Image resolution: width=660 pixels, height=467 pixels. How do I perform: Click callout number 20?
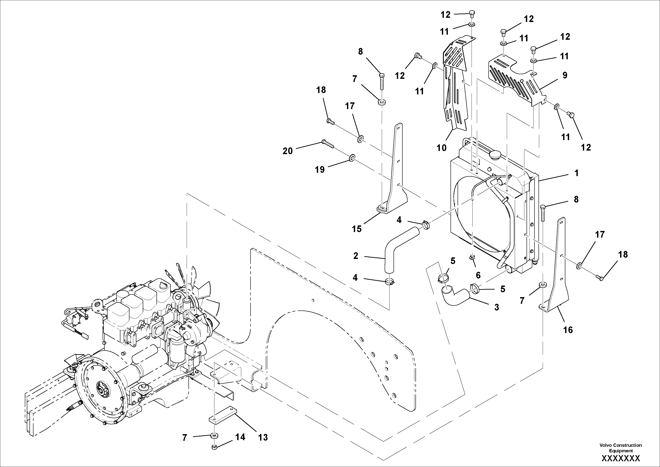click(288, 151)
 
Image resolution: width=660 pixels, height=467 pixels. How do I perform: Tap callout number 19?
click(320, 170)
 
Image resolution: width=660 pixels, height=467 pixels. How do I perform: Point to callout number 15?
click(357, 229)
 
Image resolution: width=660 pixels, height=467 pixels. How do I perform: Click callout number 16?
click(568, 330)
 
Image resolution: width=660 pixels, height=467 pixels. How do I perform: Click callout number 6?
click(478, 275)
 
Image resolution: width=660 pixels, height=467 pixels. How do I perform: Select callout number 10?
click(442, 148)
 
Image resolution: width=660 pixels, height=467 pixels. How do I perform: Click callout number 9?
click(565, 76)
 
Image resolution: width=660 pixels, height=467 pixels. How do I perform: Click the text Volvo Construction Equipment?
click(620, 448)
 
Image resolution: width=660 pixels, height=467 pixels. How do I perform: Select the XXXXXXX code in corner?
click(621, 458)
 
